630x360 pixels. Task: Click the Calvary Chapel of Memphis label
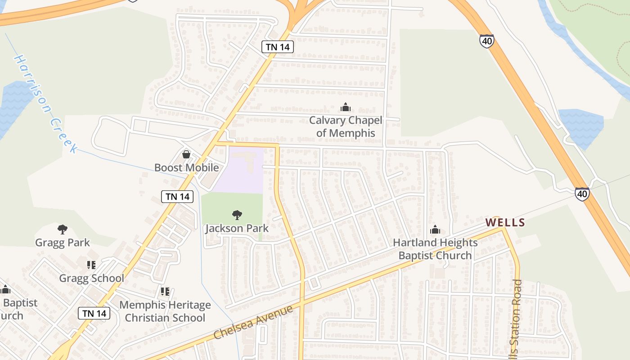click(346, 126)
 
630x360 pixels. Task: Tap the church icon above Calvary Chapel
click(346, 108)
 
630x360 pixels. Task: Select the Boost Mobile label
click(186, 168)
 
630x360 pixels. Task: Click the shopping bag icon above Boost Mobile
click(186, 155)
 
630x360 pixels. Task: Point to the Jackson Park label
click(237, 228)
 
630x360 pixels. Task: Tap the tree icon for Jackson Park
click(237, 215)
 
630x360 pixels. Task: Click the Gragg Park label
click(63, 243)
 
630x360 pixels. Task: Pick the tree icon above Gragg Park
click(63, 229)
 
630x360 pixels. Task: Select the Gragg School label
click(92, 278)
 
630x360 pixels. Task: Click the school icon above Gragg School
click(92, 265)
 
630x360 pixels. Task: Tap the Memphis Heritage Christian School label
click(165, 311)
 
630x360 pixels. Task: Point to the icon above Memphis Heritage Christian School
click(165, 292)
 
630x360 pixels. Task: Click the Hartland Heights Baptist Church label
click(435, 249)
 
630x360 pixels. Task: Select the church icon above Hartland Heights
click(435, 230)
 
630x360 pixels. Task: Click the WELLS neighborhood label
click(505, 222)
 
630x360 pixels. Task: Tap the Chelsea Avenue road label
click(253, 322)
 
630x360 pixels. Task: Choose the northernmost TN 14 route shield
click(278, 47)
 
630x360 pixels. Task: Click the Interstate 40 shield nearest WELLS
click(582, 194)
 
